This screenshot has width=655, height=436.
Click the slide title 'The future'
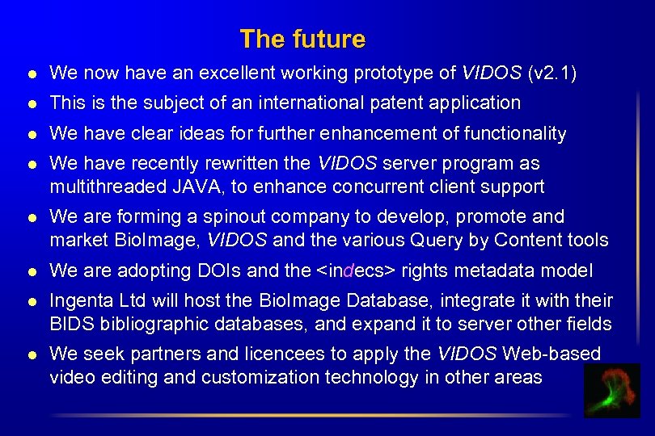pos(302,39)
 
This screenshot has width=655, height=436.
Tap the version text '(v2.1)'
pos(551,73)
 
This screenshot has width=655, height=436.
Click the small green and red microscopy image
pos(611,391)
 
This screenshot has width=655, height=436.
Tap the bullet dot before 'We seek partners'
pos(31,354)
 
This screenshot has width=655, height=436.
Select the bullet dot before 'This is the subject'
pos(31,103)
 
